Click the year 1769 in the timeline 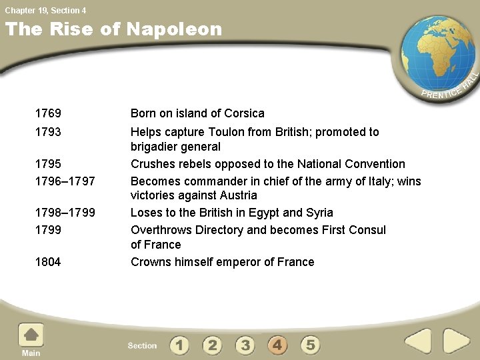pyautogui.click(x=48, y=113)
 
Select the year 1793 pyautogui.click(x=48, y=132)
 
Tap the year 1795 pyautogui.click(x=48, y=164)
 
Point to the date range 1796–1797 pyautogui.click(x=65, y=181)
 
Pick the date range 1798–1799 pyautogui.click(x=65, y=213)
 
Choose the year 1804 pyautogui.click(x=48, y=262)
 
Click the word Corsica pyautogui.click(x=244, y=113)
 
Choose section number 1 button pyautogui.click(x=179, y=345)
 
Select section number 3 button pyautogui.click(x=245, y=345)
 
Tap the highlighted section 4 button pyautogui.click(x=278, y=345)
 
